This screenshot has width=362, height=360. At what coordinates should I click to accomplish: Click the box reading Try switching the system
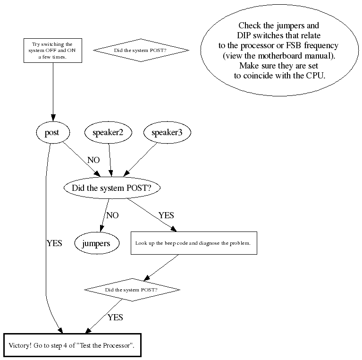click(x=52, y=50)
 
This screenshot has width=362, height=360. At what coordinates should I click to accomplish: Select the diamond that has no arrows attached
click(x=141, y=50)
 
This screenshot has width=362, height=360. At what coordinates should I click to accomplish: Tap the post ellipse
click(x=51, y=133)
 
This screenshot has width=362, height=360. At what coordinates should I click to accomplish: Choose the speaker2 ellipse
click(x=108, y=133)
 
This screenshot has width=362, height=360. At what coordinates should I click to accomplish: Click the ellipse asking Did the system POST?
click(x=111, y=188)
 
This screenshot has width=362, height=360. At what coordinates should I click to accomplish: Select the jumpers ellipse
click(x=96, y=244)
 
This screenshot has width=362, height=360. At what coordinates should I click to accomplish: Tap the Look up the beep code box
click(x=194, y=243)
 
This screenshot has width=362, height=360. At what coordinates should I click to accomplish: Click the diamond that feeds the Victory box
click(x=132, y=289)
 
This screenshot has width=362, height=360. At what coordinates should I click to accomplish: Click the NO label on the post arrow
click(x=93, y=160)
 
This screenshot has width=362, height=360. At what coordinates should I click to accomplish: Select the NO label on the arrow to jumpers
click(x=112, y=215)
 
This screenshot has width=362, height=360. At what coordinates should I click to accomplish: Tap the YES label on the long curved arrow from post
click(x=54, y=244)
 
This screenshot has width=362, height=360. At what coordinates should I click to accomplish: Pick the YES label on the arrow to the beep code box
click(x=166, y=215)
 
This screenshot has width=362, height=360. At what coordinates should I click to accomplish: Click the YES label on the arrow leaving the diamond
click(x=115, y=317)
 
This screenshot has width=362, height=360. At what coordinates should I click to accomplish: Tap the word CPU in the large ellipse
click(x=313, y=75)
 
